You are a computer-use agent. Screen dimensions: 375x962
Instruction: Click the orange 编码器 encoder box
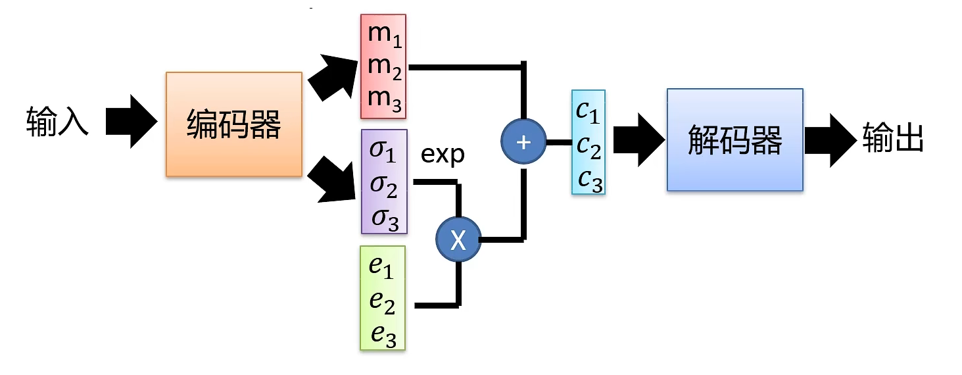[233, 124]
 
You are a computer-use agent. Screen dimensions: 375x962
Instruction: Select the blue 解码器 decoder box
[734, 140]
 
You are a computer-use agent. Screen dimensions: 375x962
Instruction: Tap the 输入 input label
[57, 122]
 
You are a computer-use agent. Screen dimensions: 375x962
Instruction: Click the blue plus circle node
[523, 142]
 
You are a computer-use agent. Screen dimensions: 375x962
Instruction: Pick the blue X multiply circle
[458, 241]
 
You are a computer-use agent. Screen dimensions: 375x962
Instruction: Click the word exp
[443, 155]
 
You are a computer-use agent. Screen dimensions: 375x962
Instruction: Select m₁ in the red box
[385, 35]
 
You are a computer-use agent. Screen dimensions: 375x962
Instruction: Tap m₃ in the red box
[385, 99]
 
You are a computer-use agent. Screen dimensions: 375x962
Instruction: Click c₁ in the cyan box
[587, 111]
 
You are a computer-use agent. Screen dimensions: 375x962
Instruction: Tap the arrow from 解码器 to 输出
[830, 140]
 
